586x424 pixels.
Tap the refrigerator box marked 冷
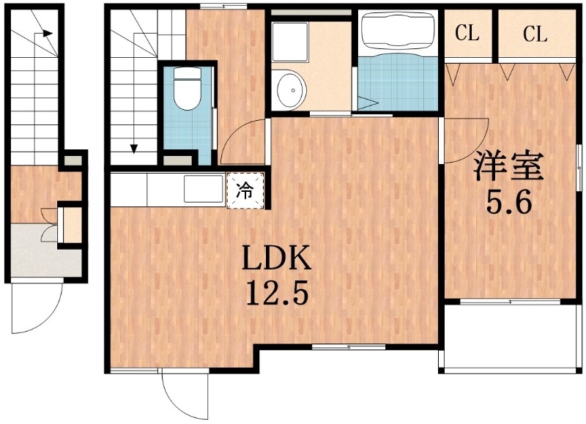click(245, 192)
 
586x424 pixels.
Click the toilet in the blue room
click(188, 92)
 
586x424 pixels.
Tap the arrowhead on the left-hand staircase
click(48, 33)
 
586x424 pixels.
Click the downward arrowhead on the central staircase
click(135, 149)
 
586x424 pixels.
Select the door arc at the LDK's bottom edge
click(183, 395)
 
